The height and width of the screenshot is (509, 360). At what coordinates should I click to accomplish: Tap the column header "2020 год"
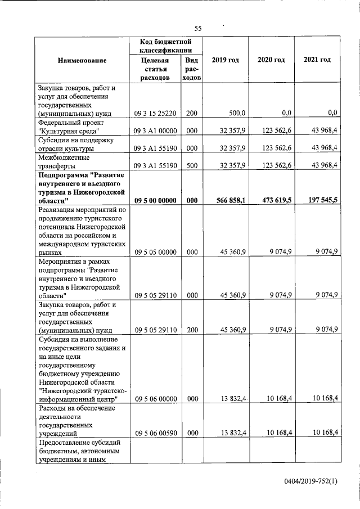271,60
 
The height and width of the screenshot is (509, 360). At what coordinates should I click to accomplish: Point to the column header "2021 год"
317,60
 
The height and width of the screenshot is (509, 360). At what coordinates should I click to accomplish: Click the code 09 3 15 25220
156,113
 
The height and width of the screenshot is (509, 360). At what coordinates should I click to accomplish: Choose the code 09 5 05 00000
156,253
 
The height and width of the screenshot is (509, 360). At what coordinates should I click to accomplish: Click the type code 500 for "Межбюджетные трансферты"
192,166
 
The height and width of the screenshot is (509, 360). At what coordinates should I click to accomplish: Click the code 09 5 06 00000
156,399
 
